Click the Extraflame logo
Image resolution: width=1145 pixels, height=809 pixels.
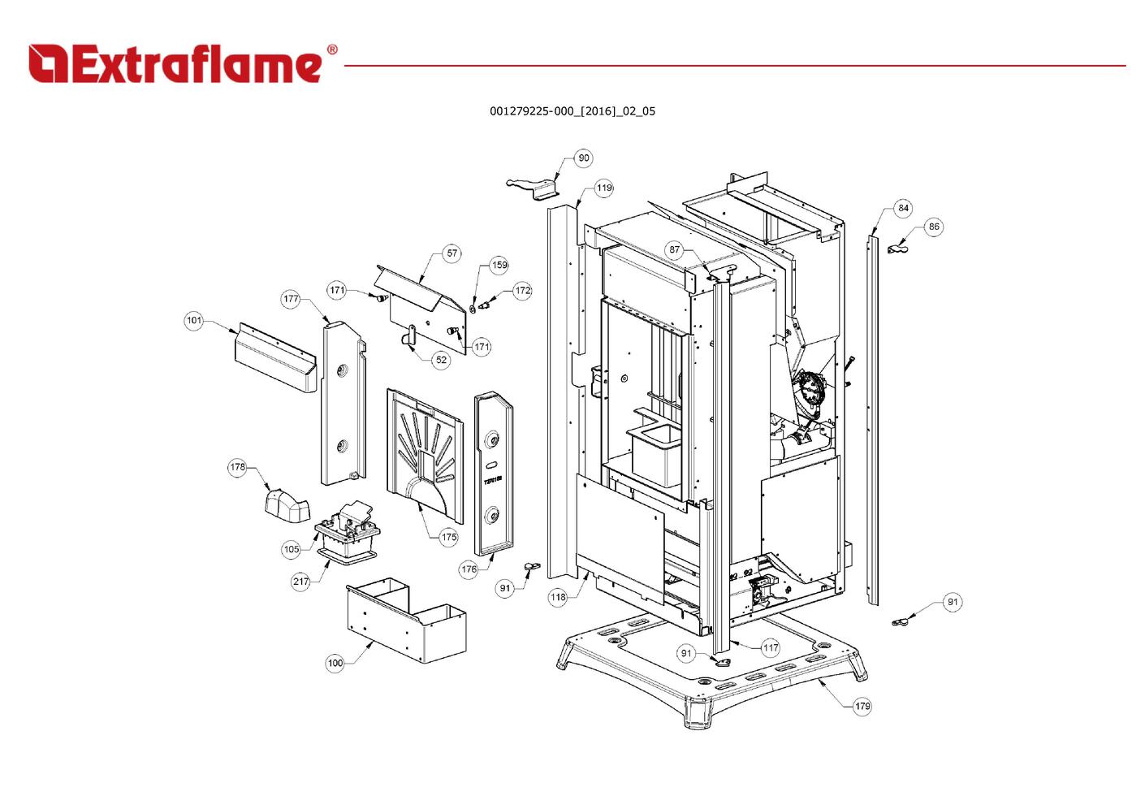click(x=175, y=64)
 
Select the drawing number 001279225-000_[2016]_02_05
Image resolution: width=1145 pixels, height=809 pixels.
click(x=572, y=111)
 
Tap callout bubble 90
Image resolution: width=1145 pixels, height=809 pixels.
click(x=583, y=158)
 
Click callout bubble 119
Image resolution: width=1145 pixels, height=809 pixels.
click(x=604, y=188)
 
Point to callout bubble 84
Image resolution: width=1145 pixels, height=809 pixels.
click(x=903, y=209)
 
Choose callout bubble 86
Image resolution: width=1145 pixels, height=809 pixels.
click(x=934, y=227)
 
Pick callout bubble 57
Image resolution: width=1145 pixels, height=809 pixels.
click(x=452, y=253)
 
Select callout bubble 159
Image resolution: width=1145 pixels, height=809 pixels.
click(x=499, y=265)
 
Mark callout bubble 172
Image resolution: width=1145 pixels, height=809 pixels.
click(x=522, y=290)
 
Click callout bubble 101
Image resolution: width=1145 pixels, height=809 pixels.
click(x=194, y=321)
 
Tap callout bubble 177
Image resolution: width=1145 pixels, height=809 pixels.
click(x=292, y=299)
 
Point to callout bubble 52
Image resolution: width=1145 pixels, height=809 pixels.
click(x=441, y=360)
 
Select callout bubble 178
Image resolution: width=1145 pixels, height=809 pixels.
click(x=237, y=467)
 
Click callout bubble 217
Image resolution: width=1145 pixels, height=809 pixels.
click(x=301, y=582)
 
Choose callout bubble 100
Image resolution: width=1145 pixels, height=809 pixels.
click(x=335, y=663)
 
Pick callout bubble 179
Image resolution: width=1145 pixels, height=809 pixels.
click(x=862, y=706)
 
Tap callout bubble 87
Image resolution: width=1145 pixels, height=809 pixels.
click(x=675, y=249)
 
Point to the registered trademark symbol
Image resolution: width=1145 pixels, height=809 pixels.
click(x=332, y=50)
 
